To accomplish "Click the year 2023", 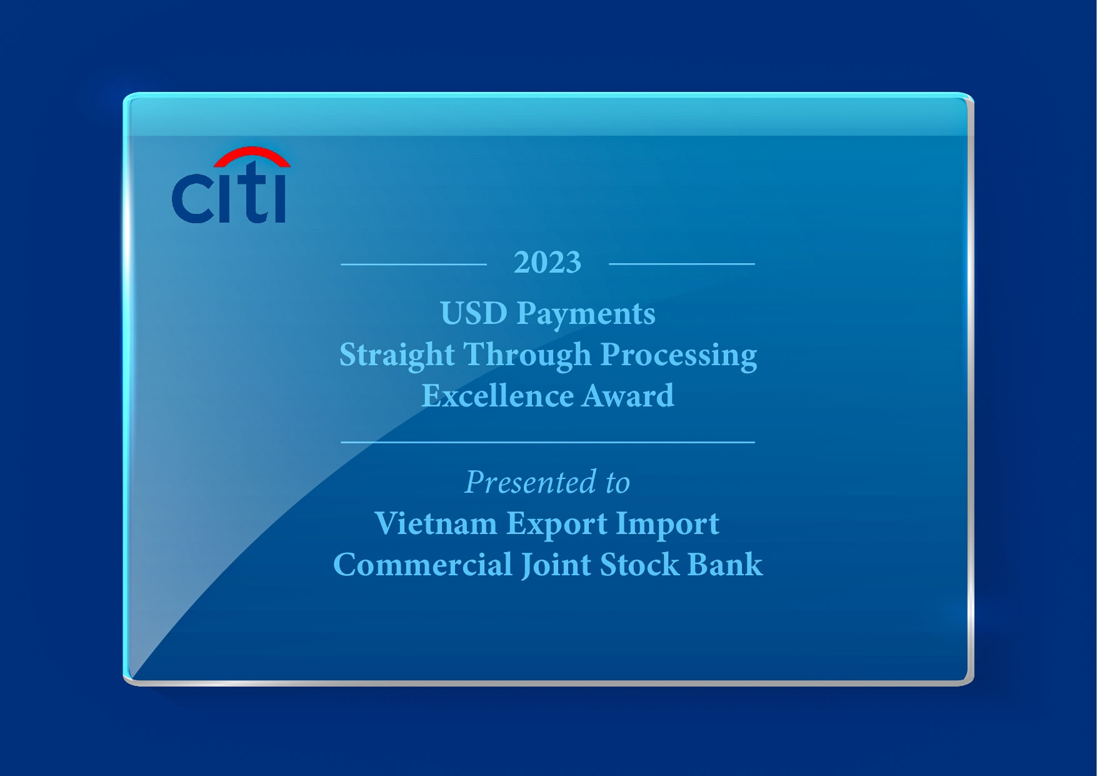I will click(x=548, y=263).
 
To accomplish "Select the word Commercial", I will click(x=423, y=565).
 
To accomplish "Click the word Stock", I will click(x=639, y=565).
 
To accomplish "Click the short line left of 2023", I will click(x=413, y=265).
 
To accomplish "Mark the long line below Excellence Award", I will click(x=548, y=442).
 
